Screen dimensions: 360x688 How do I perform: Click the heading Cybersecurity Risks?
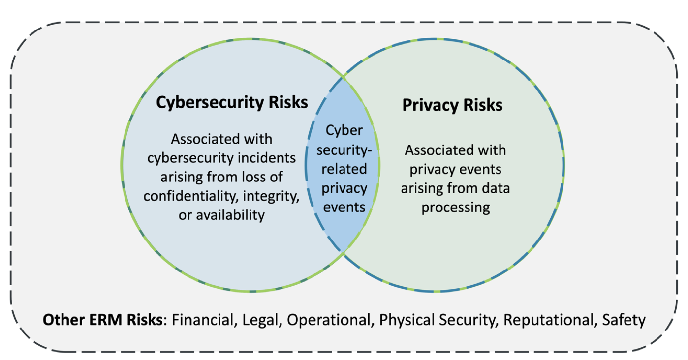pyautogui.click(x=232, y=102)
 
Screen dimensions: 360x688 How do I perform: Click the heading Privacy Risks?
pyautogui.click(x=452, y=105)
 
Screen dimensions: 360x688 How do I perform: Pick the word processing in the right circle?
pyautogui.click(x=455, y=207)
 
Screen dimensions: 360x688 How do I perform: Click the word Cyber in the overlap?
pyautogui.click(x=344, y=131)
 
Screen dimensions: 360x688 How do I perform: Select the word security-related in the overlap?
pyautogui.click(x=344, y=159)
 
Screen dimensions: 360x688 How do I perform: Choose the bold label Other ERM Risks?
pyautogui.click(x=102, y=320)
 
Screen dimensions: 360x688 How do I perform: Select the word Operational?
pyautogui.click(x=328, y=320)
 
